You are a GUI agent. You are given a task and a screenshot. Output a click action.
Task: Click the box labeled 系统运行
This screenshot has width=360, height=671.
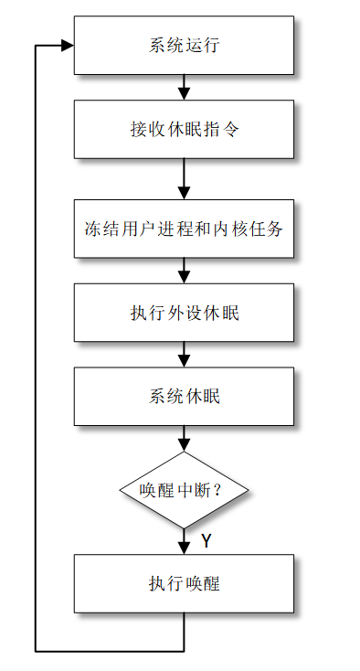pyautogui.click(x=184, y=46)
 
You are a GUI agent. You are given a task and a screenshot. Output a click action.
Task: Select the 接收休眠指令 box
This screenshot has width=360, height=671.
pyautogui.click(x=184, y=130)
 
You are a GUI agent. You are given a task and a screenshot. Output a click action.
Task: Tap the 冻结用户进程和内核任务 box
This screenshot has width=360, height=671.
pyautogui.click(x=184, y=228)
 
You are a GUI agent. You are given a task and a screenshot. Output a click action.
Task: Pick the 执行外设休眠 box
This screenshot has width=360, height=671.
pyautogui.click(x=184, y=312)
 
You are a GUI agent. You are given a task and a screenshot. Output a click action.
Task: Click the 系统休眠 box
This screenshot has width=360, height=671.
pyautogui.click(x=184, y=396)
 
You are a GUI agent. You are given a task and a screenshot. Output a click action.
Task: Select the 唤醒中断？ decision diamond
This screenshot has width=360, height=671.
pyautogui.click(x=184, y=489)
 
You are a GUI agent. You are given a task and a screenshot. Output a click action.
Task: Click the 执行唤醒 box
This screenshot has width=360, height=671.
pyautogui.click(x=184, y=583)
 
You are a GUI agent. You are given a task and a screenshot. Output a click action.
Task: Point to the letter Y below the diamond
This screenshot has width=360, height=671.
pyautogui.click(x=206, y=541)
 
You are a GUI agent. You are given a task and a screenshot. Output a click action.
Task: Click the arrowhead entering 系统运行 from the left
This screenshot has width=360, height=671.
pyautogui.click(x=67, y=46)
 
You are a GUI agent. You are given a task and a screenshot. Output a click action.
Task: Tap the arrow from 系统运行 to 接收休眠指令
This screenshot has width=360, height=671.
pyautogui.click(x=184, y=88)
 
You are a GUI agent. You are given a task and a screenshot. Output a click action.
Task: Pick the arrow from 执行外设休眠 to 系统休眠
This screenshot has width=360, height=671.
pyautogui.click(x=184, y=354)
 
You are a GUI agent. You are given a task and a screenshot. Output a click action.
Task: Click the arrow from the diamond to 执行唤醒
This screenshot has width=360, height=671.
pyautogui.click(x=184, y=541)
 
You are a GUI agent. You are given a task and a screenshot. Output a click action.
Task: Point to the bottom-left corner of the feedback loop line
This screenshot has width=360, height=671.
pyautogui.click(x=36, y=650)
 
